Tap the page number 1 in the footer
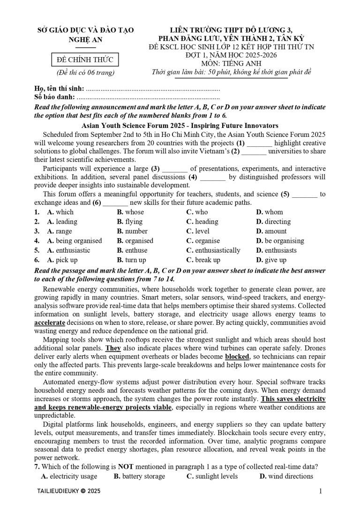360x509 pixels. (320, 491)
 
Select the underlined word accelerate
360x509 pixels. (50, 323)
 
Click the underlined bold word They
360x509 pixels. (112, 348)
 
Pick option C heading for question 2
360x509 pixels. (202, 221)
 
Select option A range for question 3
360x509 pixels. (60, 231)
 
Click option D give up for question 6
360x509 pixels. (271, 260)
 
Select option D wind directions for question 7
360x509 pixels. (286, 476)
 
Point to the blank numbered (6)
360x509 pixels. (115, 202)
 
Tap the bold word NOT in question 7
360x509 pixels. (126, 467)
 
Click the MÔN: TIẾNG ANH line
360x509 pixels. (229, 64)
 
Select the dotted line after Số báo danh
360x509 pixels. (148, 97)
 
